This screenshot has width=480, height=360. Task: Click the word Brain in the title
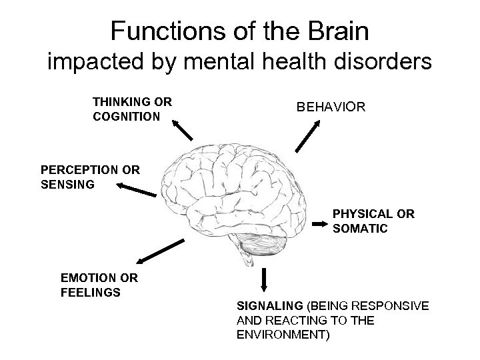333,31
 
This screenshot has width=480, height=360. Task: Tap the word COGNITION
126,117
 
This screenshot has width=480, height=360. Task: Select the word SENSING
67,184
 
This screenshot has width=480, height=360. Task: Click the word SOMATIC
360,229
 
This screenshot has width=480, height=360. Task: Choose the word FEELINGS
90,292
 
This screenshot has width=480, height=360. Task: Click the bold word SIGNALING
269,306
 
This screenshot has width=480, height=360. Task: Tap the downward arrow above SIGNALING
265,279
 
